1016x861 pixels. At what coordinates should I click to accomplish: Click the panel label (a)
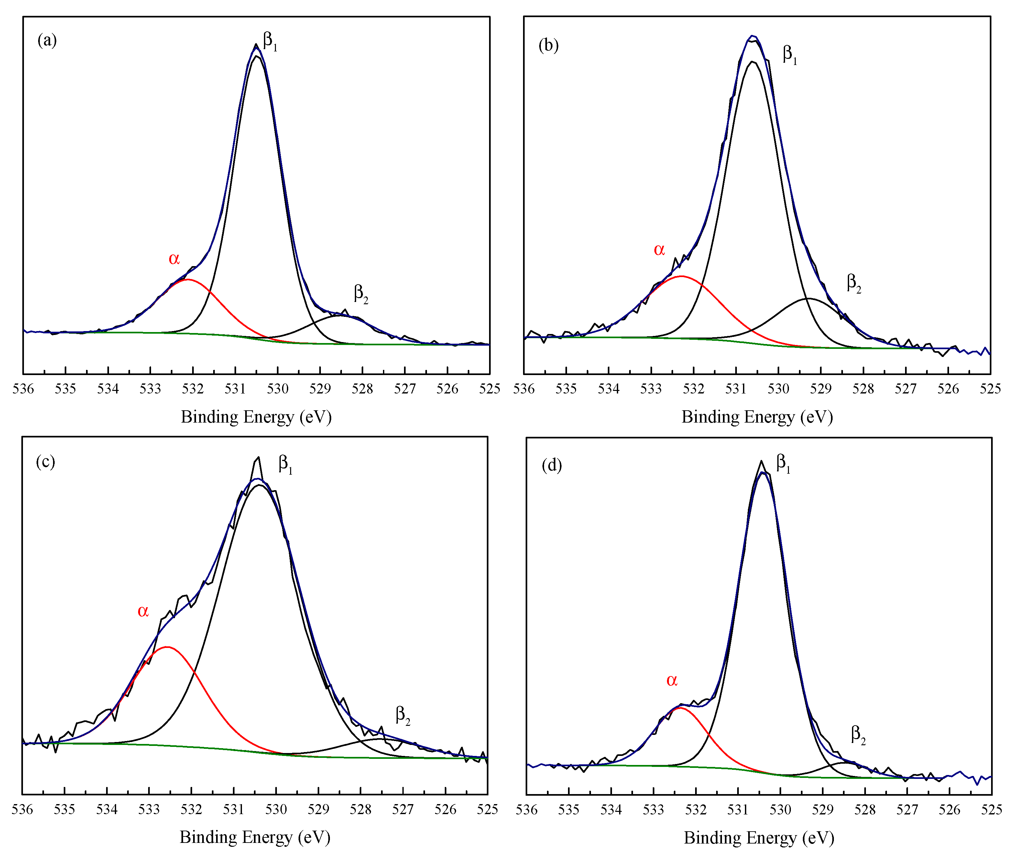click(47, 40)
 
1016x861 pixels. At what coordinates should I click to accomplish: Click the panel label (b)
click(548, 45)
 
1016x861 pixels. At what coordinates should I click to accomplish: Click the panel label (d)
click(552, 465)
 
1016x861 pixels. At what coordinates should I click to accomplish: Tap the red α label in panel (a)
click(174, 258)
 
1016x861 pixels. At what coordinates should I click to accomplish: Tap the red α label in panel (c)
click(143, 611)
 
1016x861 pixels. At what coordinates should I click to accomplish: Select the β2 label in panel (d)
click(858, 734)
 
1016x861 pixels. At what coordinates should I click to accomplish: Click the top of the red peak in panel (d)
click(680, 708)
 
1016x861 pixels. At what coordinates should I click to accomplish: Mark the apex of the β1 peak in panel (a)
click(256, 45)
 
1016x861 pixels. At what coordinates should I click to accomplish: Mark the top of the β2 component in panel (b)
click(808, 298)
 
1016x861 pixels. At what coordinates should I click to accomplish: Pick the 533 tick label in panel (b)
click(651, 389)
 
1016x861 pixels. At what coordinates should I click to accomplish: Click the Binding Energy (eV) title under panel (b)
click(757, 417)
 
